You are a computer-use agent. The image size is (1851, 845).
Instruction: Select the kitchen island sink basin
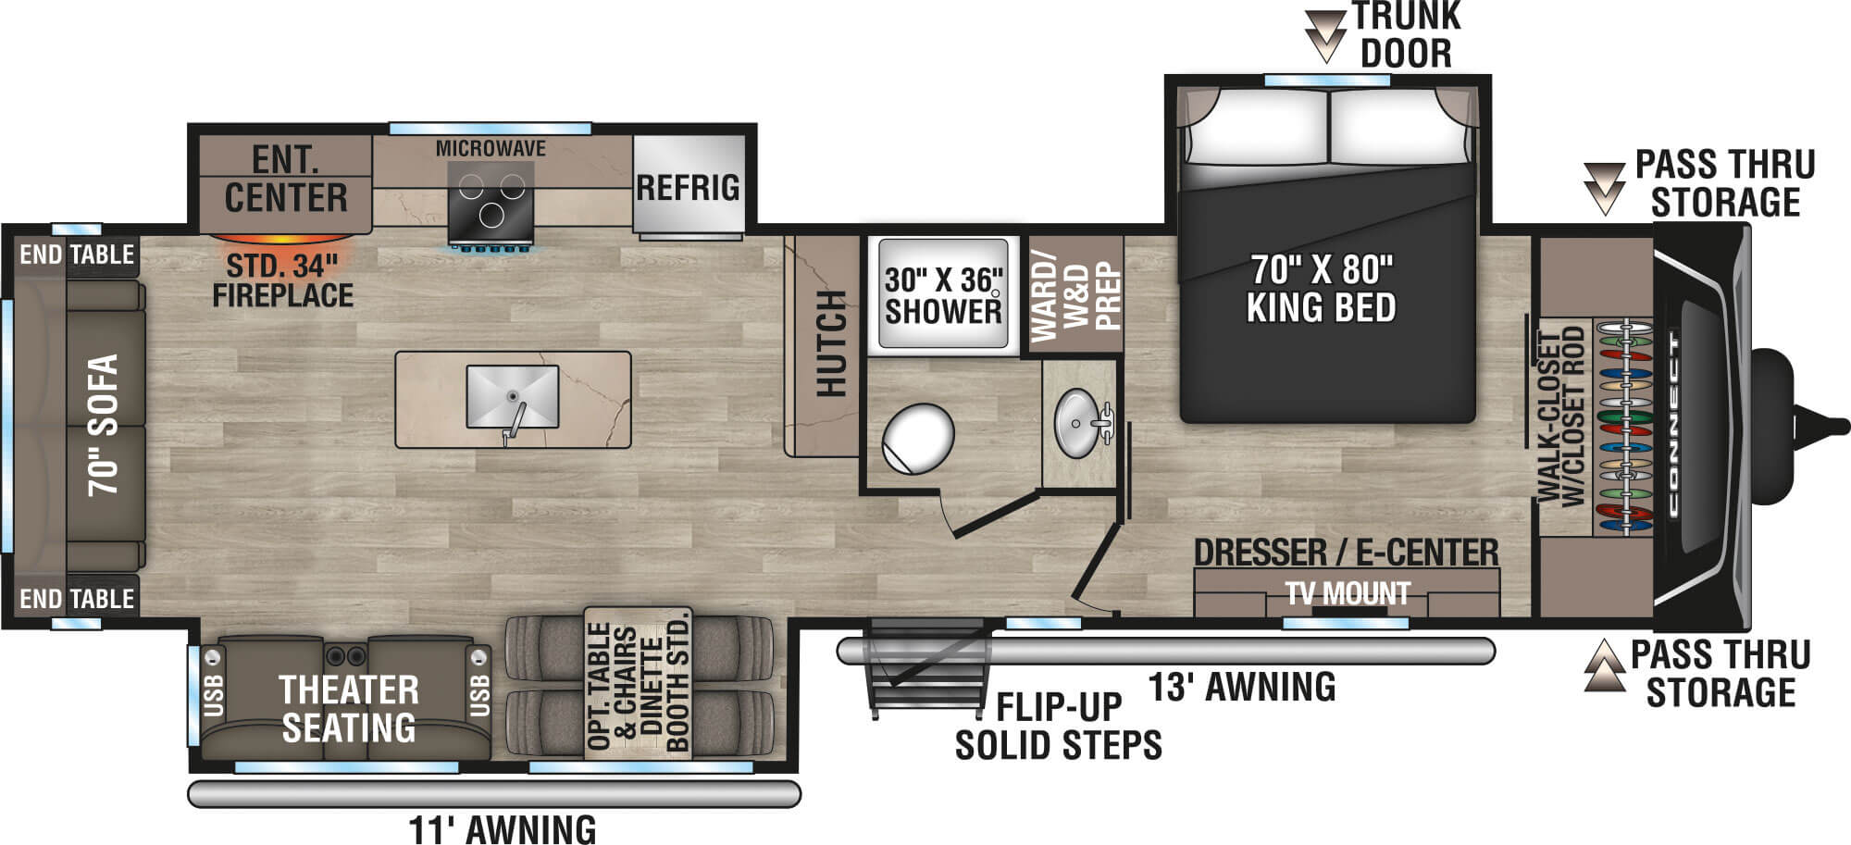[x=512, y=396]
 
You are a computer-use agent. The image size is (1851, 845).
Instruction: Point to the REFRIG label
[x=688, y=187]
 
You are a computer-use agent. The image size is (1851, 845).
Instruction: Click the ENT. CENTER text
[x=285, y=179]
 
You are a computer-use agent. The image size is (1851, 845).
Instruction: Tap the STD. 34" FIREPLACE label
[x=282, y=280]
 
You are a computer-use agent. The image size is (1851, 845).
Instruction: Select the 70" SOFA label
[x=103, y=425]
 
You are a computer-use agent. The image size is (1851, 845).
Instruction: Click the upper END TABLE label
[x=77, y=255]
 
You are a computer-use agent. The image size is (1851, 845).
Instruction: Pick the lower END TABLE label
[x=77, y=599]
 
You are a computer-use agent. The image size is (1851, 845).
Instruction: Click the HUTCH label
[x=832, y=343]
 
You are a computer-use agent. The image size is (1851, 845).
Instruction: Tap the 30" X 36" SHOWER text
[x=943, y=295]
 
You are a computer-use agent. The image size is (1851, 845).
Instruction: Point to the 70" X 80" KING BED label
[x=1321, y=288]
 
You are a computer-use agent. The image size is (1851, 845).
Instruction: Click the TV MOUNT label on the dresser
[x=1347, y=593]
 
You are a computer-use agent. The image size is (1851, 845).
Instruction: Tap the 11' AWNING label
[x=502, y=828]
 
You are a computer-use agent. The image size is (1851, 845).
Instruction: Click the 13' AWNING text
[x=1241, y=687]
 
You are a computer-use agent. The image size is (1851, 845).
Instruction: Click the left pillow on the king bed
[x=1257, y=127]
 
